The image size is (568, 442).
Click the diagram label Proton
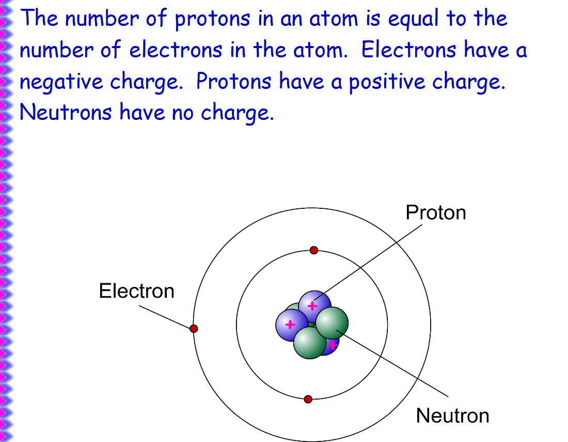coord(435,212)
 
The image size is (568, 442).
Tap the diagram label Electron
coord(136,291)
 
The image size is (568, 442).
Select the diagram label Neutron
coord(452,415)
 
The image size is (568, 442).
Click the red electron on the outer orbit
coord(194,328)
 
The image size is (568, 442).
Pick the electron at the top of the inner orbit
coord(313,250)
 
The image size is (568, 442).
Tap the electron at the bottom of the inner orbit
coord(308,399)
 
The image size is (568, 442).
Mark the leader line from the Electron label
coord(165,316)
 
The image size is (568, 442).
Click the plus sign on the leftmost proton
coord(290,325)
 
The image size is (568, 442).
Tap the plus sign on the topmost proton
coord(312,306)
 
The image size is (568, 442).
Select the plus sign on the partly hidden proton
coord(333,344)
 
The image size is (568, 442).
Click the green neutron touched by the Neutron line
coord(332,323)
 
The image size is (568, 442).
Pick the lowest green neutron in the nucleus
coord(309,343)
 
